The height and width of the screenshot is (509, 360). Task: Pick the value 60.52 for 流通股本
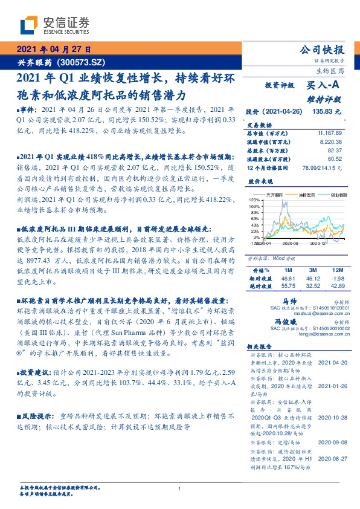334,158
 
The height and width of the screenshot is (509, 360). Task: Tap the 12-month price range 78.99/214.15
320,167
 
